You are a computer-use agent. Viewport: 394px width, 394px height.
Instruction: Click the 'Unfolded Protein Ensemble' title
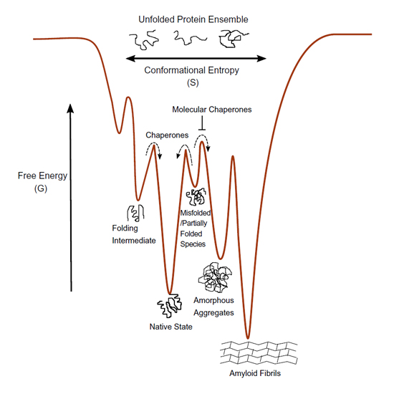pos(193,19)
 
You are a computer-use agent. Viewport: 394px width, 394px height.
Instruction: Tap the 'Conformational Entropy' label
pos(191,70)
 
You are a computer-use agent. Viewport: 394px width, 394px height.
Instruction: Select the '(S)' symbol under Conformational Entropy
pos(193,82)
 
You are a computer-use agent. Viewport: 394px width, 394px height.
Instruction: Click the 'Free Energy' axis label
pos(42,176)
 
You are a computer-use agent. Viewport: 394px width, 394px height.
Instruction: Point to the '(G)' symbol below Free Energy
pos(41,188)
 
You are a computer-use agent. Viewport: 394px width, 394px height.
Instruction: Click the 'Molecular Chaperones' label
pos(212,110)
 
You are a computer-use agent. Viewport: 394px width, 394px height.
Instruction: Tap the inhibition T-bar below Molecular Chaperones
pos(202,123)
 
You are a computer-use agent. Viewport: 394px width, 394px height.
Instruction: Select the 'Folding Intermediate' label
pos(134,234)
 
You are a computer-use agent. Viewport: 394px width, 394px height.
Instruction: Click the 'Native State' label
pos(171,327)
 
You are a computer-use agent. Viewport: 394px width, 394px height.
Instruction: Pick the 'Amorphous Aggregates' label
pos(213,307)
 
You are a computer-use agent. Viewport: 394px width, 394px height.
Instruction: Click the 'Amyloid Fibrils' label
pos(255,373)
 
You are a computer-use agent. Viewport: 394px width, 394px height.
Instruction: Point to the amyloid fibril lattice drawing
pos(259,352)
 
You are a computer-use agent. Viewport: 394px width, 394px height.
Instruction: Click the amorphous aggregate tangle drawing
pos(215,277)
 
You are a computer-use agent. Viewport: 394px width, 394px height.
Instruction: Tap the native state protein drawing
pos(169,306)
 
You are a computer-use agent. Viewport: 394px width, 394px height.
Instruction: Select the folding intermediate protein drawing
pos(135,213)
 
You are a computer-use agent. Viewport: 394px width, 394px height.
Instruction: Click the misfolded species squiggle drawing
pos(196,196)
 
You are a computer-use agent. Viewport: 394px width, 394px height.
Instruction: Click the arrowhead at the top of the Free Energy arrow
pos(71,108)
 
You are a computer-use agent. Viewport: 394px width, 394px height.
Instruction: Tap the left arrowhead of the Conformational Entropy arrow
pos(130,59)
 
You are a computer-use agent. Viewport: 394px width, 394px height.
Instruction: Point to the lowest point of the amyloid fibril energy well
pos(248,338)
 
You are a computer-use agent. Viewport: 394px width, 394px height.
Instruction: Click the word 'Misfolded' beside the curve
pos(196,213)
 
